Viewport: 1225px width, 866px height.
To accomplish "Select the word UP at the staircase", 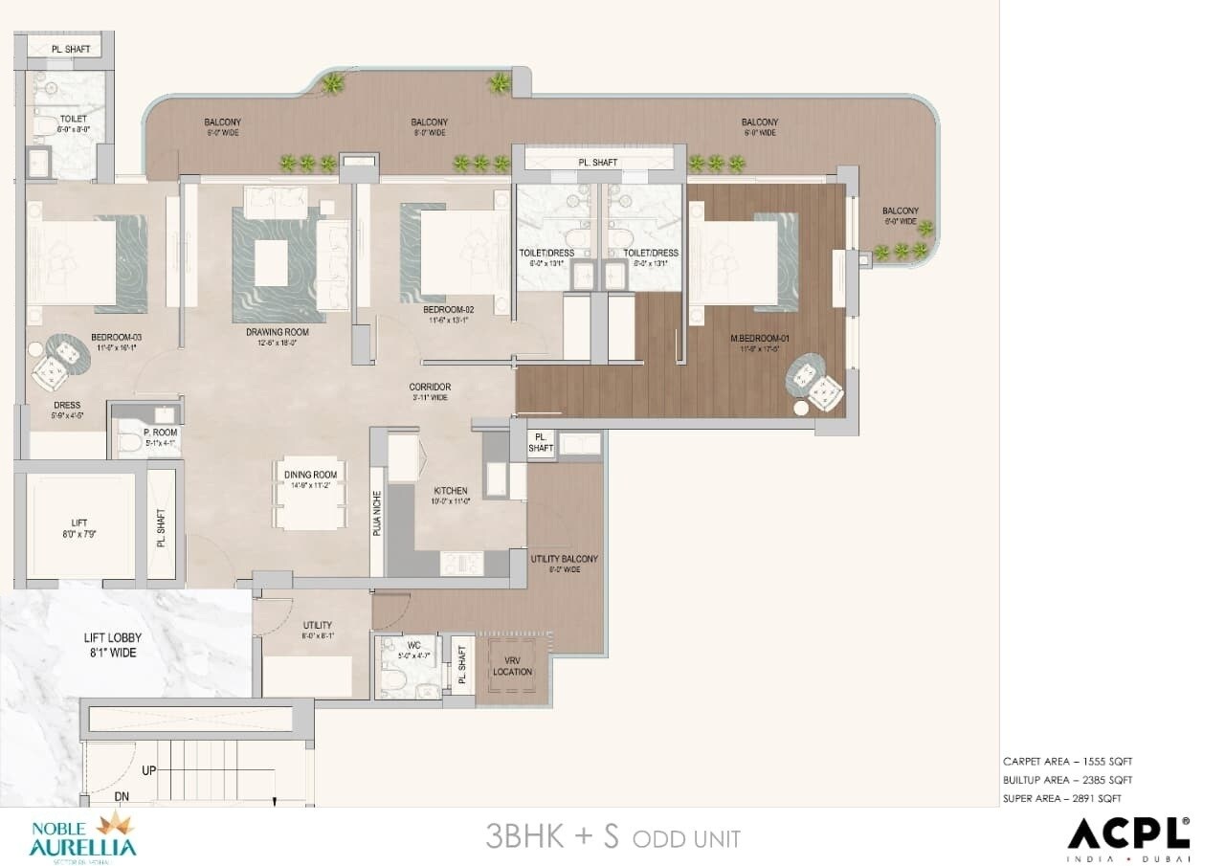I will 149,769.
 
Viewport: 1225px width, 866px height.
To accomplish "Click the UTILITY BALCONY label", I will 564,559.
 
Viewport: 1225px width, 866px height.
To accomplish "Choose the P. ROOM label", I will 161,433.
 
